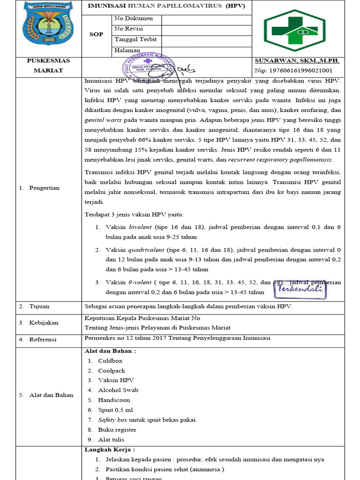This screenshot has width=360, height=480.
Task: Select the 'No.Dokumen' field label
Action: (134, 18)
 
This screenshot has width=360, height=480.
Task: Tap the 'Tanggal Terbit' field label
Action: (135, 39)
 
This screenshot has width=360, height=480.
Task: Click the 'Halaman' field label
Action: (127, 50)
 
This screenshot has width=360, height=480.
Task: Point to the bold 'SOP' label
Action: (97, 34)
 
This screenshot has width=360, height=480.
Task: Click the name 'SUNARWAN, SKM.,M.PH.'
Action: (297, 61)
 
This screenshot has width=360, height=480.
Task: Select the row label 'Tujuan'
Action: (39, 307)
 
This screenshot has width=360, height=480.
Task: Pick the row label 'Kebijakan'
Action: (44, 323)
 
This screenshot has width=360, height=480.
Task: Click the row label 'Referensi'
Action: (43, 339)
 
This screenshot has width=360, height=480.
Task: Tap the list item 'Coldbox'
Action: (110, 361)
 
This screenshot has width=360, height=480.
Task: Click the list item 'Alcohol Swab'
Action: (118, 390)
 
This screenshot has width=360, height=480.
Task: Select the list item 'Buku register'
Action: (117, 430)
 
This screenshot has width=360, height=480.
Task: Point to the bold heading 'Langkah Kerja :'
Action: (106, 450)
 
